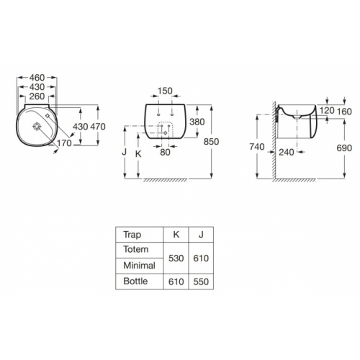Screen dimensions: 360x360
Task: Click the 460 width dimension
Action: (37, 78)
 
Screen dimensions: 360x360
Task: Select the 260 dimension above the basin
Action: (37, 96)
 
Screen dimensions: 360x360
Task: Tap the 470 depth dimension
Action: (98, 127)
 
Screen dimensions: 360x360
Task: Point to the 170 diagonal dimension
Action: (64, 143)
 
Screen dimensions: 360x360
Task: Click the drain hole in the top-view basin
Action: (37, 127)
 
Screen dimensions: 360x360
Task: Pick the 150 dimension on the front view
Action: (165, 91)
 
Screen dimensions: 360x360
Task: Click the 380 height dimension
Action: (197, 122)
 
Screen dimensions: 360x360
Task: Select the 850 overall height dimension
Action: (211, 142)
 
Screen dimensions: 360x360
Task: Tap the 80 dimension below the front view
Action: (165, 152)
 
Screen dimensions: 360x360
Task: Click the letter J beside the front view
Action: (124, 152)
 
